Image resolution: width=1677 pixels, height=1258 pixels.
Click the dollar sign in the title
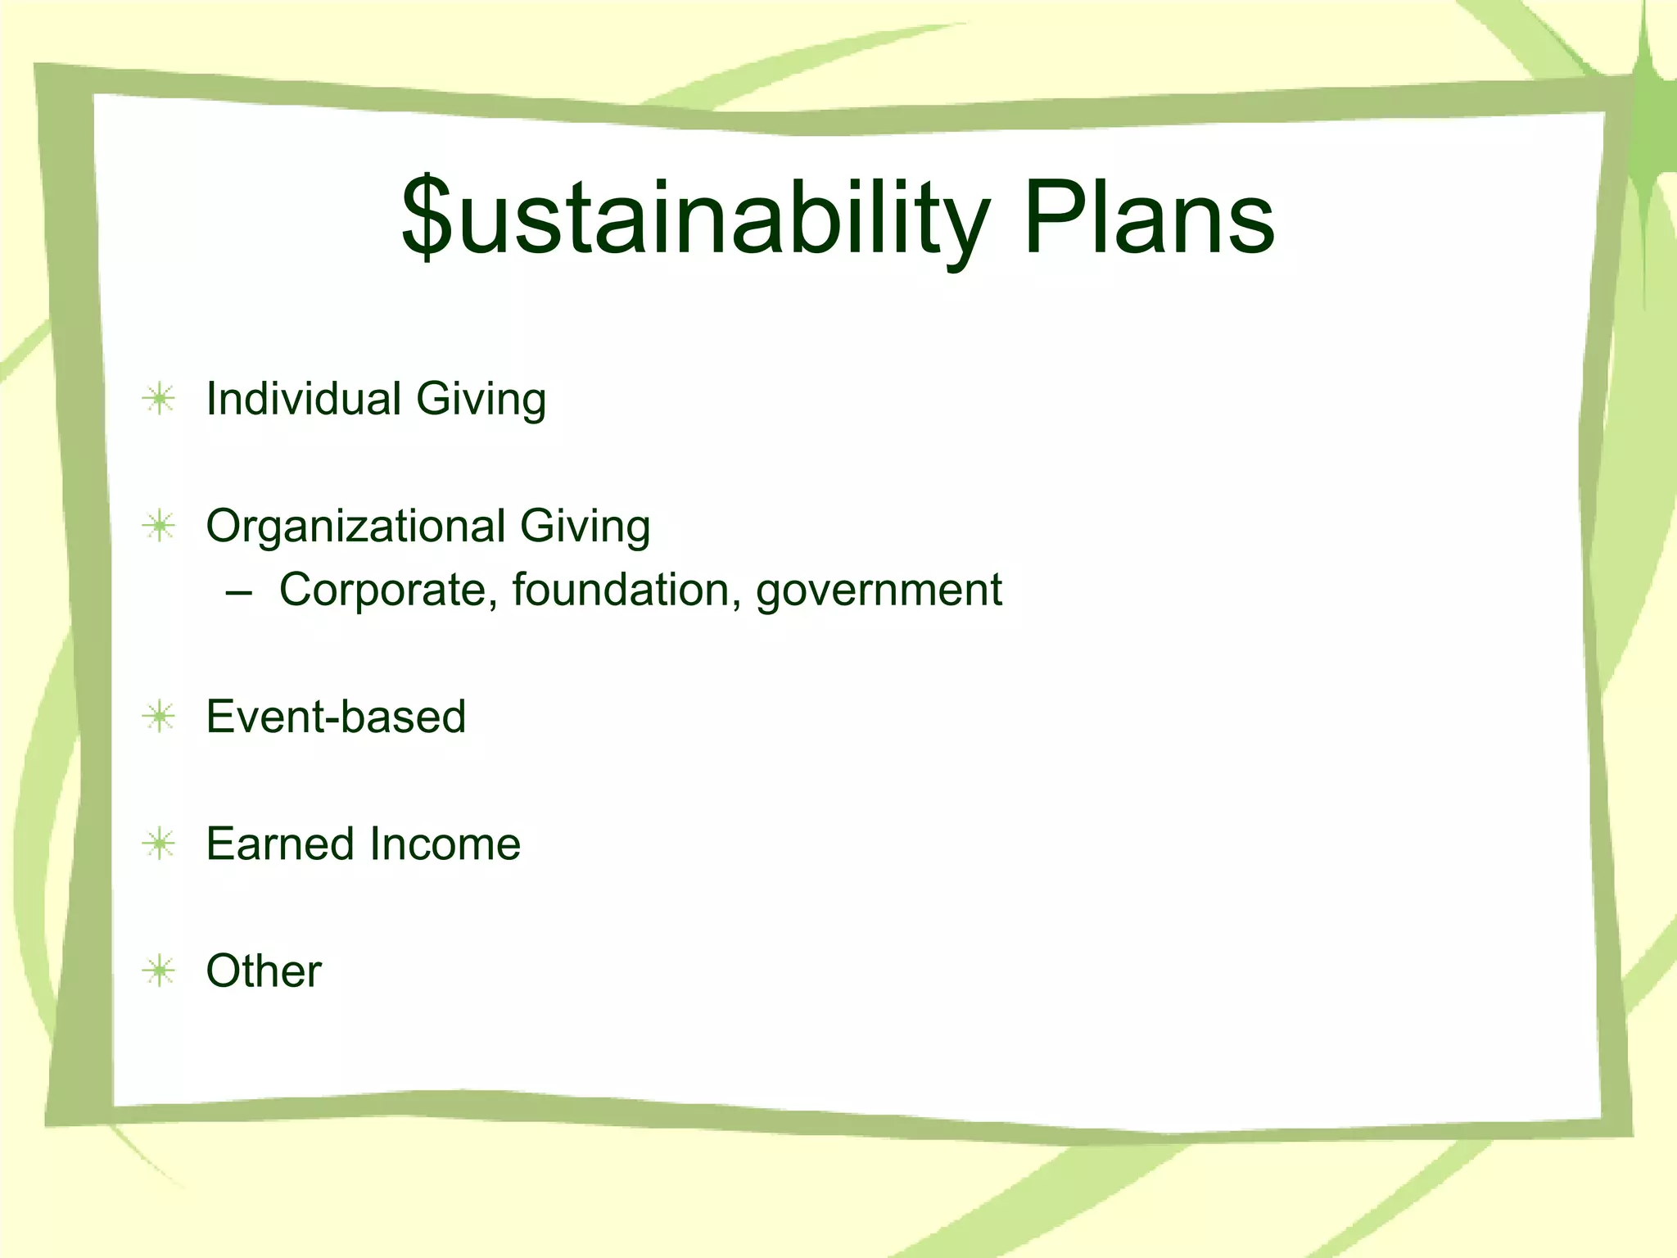(427, 217)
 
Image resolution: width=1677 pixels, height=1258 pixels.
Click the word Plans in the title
(1149, 218)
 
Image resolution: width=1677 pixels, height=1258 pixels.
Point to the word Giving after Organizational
(585, 527)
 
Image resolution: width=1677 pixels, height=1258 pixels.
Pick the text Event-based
(336, 717)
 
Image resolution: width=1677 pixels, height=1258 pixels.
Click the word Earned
(280, 844)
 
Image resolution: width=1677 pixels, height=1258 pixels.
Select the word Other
(264, 971)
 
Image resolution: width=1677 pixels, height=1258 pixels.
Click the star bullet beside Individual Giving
(159, 400)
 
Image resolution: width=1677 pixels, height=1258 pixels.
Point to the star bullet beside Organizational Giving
(159, 526)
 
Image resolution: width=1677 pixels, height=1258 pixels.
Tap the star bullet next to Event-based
(159, 717)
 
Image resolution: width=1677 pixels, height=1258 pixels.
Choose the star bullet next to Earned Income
(159, 844)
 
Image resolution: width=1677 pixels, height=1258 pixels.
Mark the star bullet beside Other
(159, 971)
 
